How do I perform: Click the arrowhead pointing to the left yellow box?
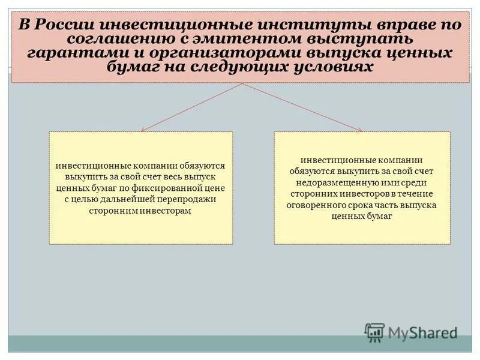tap(142, 130)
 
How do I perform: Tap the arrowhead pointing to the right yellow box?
tap(360, 130)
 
